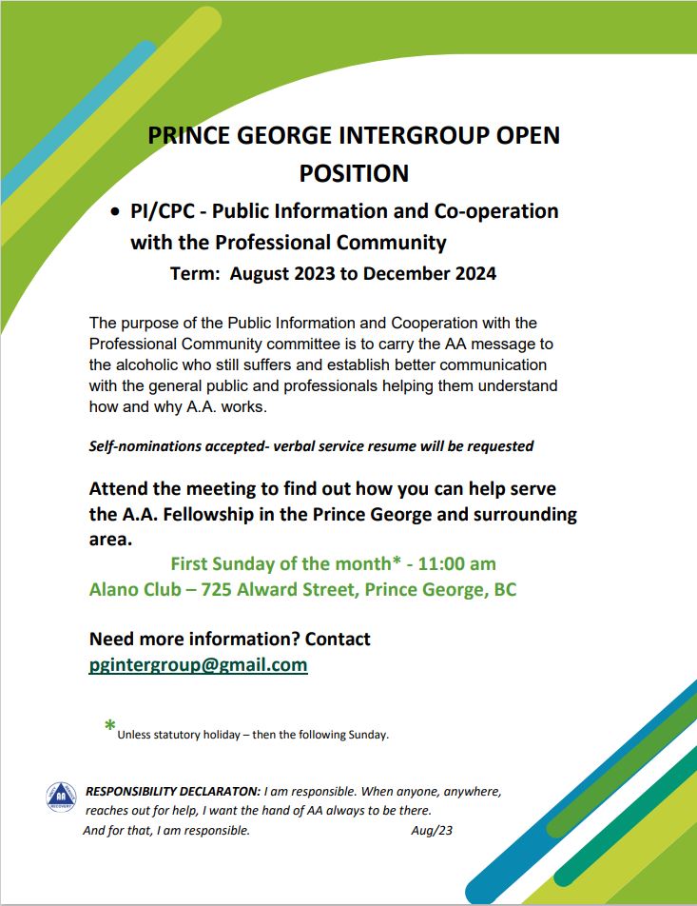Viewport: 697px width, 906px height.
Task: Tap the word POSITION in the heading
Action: [x=354, y=173]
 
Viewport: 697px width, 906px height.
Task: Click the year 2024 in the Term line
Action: [x=473, y=274]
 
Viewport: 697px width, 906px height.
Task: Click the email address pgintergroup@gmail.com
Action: [x=198, y=665]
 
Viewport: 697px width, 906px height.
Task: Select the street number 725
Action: [x=217, y=589]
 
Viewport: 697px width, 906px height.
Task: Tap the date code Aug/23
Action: [x=431, y=831]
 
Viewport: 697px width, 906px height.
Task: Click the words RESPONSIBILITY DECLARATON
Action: [x=172, y=792]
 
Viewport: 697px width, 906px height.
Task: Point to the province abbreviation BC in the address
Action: [x=504, y=589]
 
